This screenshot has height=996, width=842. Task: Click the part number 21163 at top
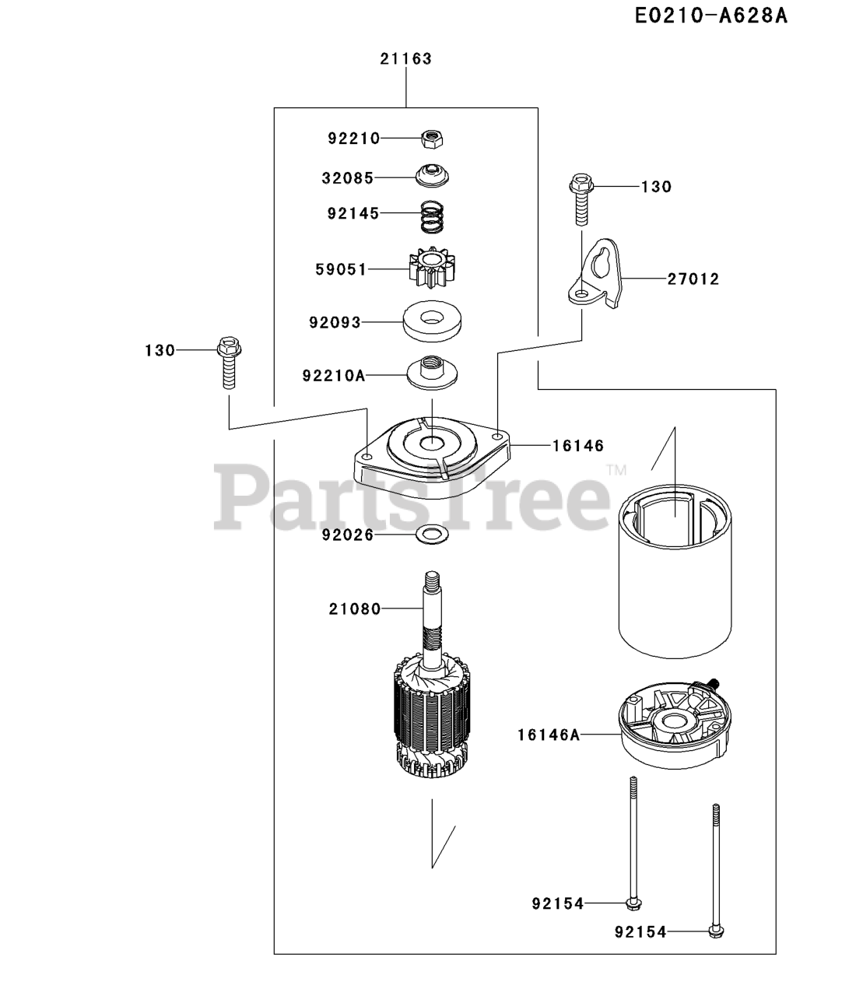406,58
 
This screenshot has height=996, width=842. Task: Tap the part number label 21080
354,608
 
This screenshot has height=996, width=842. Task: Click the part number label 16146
578,446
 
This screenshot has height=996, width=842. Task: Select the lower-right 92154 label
640,931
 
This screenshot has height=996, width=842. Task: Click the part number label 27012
693,279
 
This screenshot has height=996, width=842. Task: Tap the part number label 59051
341,269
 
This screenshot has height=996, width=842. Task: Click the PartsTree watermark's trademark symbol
616,469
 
